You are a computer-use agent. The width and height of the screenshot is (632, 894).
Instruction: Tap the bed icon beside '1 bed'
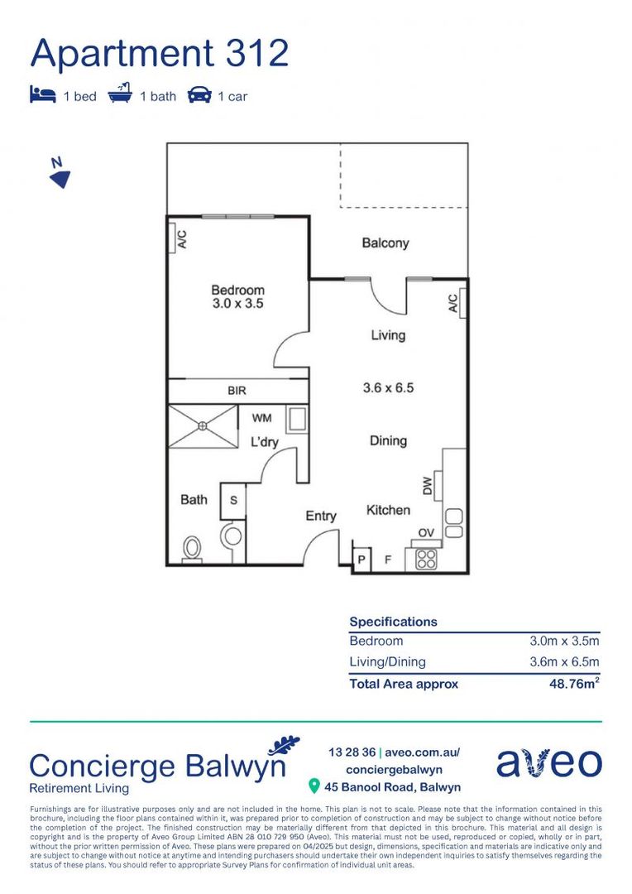tap(42, 95)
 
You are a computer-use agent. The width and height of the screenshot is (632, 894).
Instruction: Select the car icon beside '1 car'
tap(199, 95)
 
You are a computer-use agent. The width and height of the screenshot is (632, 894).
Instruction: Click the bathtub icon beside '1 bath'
tap(120, 94)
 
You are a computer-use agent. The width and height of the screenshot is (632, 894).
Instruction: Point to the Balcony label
tap(385, 243)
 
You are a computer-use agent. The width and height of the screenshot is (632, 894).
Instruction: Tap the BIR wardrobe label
tap(237, 391)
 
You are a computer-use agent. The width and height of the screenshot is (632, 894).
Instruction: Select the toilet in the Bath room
tap(192, 548)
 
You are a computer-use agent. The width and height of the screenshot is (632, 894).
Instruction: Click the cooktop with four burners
tap(427, 559)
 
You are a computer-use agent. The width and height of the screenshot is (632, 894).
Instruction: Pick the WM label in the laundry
tap(261, 419)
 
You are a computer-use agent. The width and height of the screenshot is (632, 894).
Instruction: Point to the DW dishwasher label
tap(428, 487)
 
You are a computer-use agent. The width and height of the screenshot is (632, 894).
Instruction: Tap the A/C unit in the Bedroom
tap(180, 238)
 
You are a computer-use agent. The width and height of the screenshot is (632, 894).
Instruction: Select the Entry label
tap(321, 517)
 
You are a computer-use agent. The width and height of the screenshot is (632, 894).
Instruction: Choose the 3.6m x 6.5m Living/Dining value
tap(564, 661)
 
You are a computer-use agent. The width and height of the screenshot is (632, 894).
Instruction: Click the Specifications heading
tap(393, 622)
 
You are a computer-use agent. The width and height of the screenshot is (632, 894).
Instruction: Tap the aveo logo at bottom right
tap(548, 763)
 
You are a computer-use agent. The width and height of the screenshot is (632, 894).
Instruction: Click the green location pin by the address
tap(314, 786)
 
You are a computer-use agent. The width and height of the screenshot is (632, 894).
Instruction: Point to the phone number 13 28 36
tap(351, 752)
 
